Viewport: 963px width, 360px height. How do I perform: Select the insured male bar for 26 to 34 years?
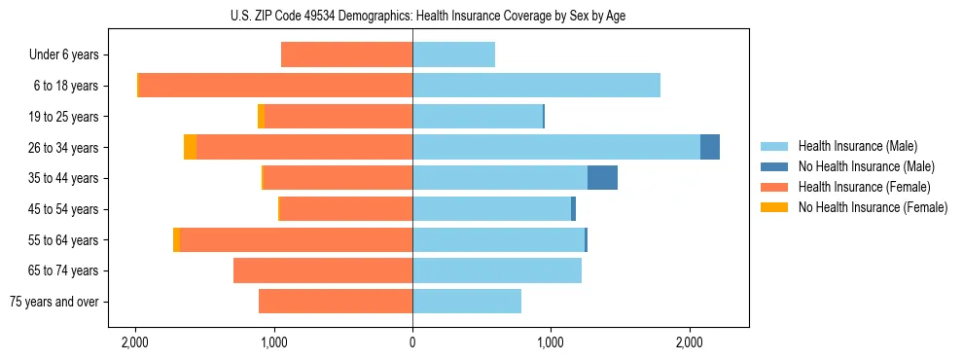pyautogui.click(x=556, y=147)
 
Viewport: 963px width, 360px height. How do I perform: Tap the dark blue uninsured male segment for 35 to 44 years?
pyautogui.click(x=602, y=178)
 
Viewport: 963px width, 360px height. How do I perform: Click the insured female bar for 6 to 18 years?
pyautogui.click(x=275, y=86)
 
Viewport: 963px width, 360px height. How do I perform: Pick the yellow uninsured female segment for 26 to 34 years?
pyautogui.click(x=190, y=147)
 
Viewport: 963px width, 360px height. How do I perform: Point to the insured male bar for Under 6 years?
pyautogui.click(x=453, y=54)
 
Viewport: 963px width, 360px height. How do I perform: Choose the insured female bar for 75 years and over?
pyautogui.click(x=336, y=302)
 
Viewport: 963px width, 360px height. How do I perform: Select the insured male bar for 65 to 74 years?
pyautogui.click(x=497, y=270)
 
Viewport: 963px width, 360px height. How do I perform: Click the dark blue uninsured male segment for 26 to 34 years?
pyautogui.click(x=710, y=147)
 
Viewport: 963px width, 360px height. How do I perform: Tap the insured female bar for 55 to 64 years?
pyautogui.click(x=296, y=239)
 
